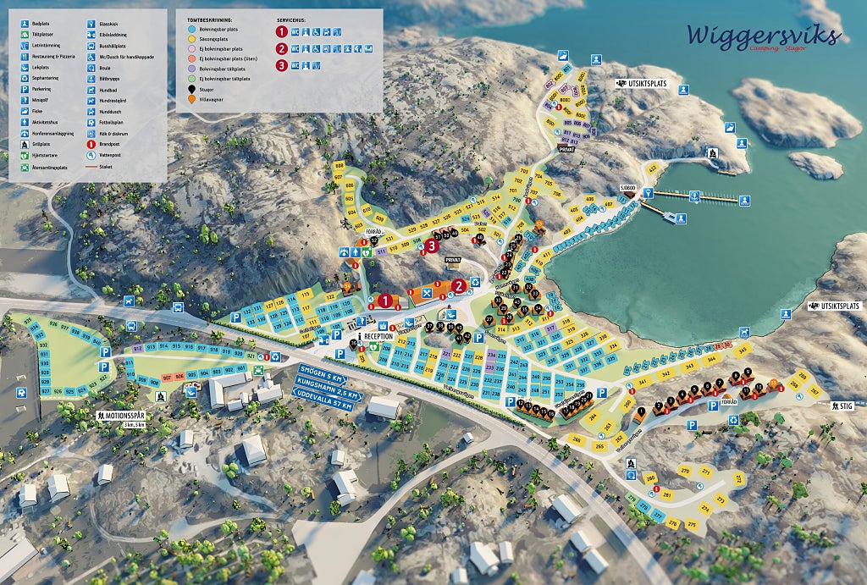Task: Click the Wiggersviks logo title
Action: click(764, 36)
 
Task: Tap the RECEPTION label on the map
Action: click(378, 336)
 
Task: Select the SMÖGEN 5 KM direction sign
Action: click(321, 371)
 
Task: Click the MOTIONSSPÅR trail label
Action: click(122, 416)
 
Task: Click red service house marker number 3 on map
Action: click(432, 246)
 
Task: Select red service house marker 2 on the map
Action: click(459, 286)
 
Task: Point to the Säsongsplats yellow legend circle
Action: click(192, 38)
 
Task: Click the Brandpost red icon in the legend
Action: click(92, 144)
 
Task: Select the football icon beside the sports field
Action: click(20, 393)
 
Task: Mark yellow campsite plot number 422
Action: click(652, 169)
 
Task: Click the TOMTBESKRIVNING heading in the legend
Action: click(210, 18)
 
